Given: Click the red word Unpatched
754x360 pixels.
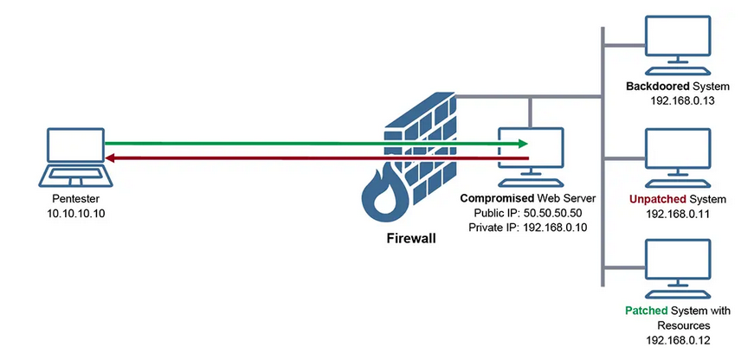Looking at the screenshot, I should tap(657, 199).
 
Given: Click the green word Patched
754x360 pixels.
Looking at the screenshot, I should tap(644, 310).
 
